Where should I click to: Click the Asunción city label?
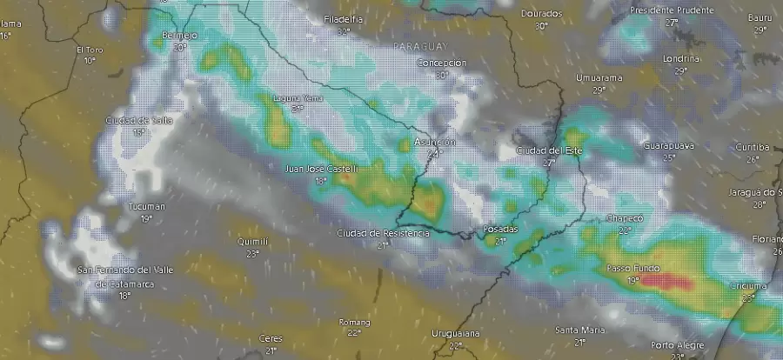435,141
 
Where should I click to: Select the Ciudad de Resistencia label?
383,233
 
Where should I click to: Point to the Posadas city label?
500,229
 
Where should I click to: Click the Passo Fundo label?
634,269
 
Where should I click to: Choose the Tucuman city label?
146,206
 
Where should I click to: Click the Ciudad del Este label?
548,150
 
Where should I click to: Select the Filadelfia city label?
343,19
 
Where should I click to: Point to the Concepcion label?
442,63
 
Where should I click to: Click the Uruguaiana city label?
456,334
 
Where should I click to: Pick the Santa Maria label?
580,330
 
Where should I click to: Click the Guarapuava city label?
669,146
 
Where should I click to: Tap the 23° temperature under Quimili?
252,254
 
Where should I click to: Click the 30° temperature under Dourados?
541,26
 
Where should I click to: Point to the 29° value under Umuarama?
599,90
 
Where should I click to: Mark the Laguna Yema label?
298,98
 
